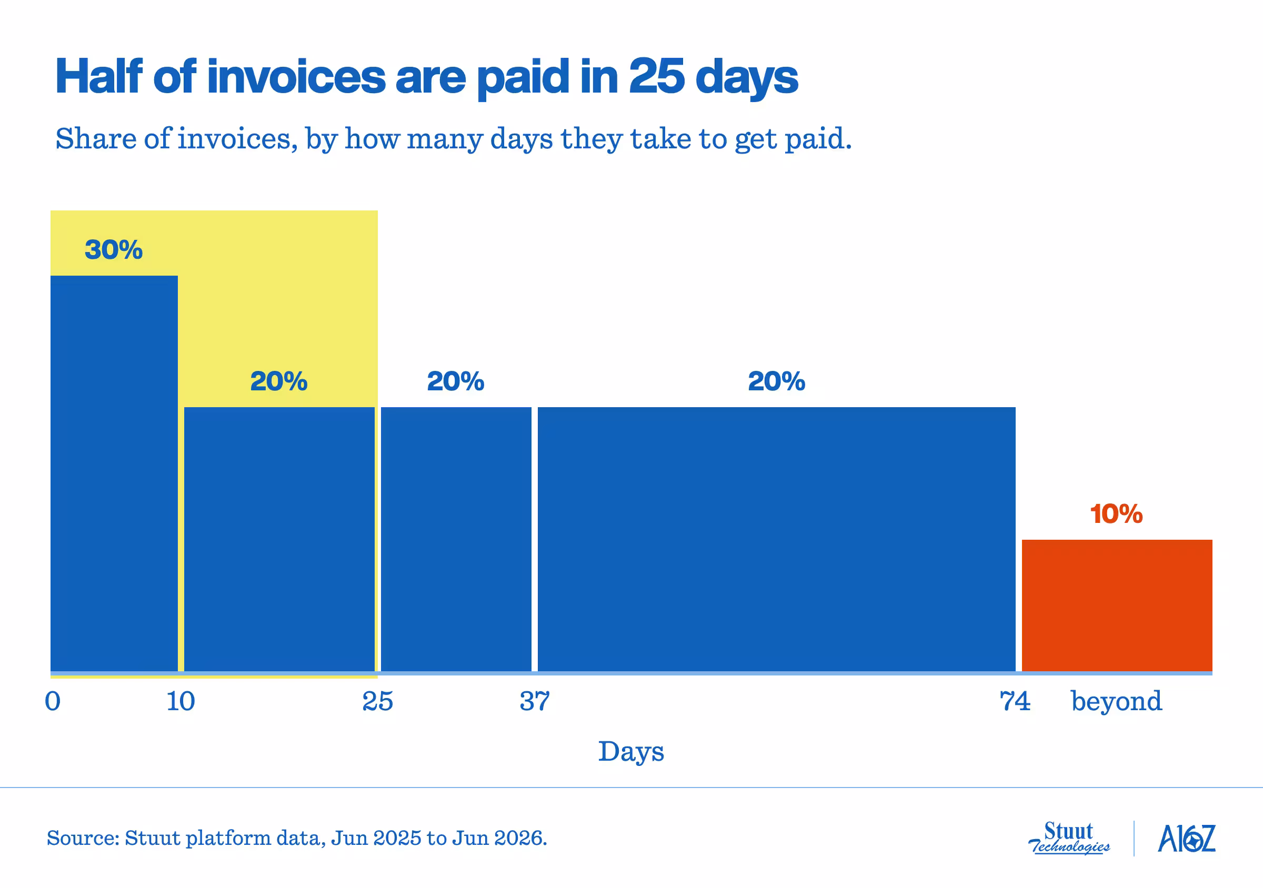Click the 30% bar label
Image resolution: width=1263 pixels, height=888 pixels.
click(x=114, y=250)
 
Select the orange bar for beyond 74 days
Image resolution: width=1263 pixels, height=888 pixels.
click(x=1117, y=606)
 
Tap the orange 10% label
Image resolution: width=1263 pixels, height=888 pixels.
click(x=1116, y=514)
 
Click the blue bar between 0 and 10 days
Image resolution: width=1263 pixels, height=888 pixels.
click(x=114, y=473)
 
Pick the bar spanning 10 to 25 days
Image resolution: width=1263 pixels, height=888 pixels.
click(x=279, y=539)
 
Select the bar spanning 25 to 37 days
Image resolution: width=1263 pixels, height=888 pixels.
click(x=456, y=539)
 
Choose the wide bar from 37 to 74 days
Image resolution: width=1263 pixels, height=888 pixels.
click(x=777, y=539)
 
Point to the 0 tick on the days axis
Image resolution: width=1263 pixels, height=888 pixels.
click(x=53, y=702)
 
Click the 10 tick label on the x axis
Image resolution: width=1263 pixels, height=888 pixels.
click(x=181, y=702)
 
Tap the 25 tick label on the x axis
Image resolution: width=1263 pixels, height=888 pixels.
click(x=378, y=702)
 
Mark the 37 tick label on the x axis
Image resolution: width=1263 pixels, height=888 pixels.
click(x=535, y=702)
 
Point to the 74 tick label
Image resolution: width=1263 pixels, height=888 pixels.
click(x=1015, y=702)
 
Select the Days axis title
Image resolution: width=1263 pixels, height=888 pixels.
click(x=631, y=752)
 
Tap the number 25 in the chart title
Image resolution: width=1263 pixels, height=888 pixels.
click(x=657, y=76)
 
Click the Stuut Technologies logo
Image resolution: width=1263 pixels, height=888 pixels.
click(x=1069, y=839)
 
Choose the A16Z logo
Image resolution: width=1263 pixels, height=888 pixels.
click(x=1187, y=839)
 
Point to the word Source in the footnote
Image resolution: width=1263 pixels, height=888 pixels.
click(x=83, y=839)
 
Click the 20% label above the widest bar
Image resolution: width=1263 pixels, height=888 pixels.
click(x=777, y=381)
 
